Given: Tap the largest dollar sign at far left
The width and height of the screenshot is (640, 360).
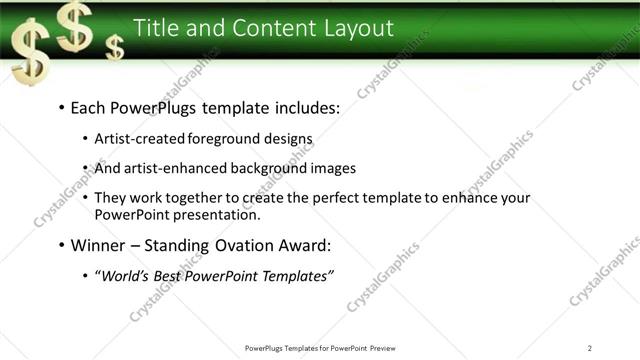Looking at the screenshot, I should click(x=29, y=56).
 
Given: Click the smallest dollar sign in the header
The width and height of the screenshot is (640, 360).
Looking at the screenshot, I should click(x=116, y=46).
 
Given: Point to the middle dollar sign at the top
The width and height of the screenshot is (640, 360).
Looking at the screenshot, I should click(x=75, y=24).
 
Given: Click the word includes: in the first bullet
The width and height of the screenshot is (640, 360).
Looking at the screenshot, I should click(x=306, y=107).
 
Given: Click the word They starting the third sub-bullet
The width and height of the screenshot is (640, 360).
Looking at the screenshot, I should click(x=110, y=198).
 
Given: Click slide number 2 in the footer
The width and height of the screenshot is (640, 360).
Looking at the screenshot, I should click(x=589, y=348).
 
